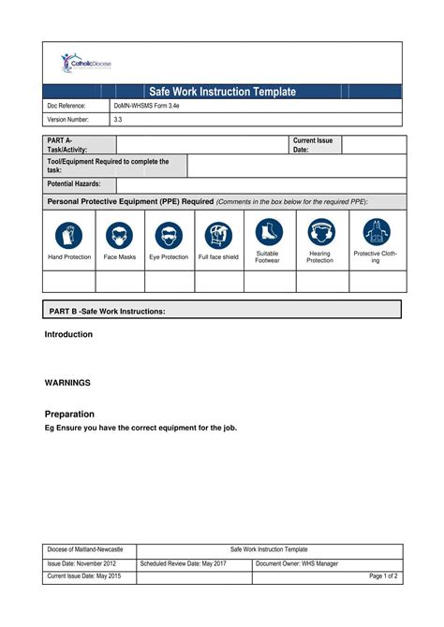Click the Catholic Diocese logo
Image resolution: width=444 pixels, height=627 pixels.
[x=86, y=64]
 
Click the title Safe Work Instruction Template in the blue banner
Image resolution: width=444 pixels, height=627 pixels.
[x=223, y=92]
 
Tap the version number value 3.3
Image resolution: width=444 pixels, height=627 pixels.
[x=119, y=120]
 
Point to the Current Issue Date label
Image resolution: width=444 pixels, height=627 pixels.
[x=313, y=144]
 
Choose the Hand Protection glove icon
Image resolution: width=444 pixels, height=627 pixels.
[x=69, y=234]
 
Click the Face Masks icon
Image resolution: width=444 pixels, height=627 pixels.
[x=120, y=234]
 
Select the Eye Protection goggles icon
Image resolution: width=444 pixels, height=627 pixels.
[x=169, y=234]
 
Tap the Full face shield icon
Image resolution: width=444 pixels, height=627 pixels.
[x=218, y=234]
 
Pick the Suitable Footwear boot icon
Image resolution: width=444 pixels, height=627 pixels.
[x=268, y=232]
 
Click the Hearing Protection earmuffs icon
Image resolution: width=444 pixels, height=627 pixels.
[x=321, y=232]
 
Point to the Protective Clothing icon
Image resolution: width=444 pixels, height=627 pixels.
[x=376, y=232]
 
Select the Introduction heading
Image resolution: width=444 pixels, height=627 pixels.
[x=68, y=334]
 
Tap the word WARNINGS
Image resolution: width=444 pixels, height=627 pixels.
[x=67, y=383]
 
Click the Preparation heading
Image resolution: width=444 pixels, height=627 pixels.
[x=69, y=414]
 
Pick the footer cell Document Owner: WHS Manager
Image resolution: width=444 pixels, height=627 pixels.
[x=297, y=563]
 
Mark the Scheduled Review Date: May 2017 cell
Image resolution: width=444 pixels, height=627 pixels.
[x=184, y=563]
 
